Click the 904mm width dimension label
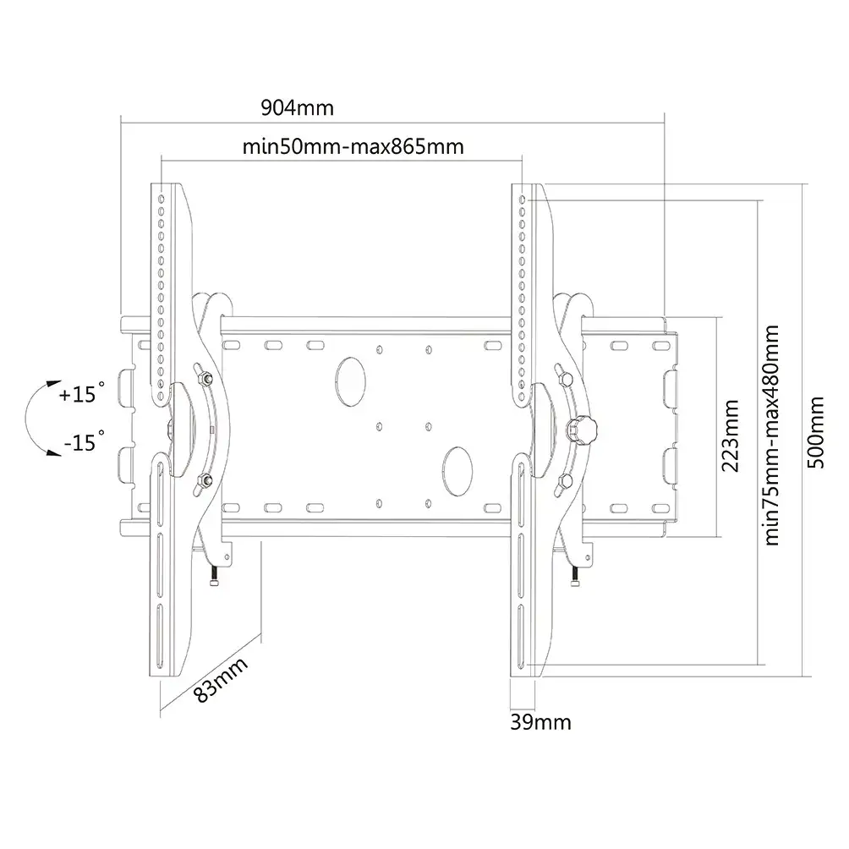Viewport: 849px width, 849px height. point(298,107)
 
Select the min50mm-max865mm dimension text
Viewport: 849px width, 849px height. point(353,147)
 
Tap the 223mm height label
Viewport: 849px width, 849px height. point(731,435)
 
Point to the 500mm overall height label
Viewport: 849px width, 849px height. point(815,432)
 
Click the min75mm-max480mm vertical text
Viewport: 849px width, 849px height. point(771,435)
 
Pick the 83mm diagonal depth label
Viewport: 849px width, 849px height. point(221,680)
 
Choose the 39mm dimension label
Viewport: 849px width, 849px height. point(540,722)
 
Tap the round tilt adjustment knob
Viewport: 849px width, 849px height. point(582,430)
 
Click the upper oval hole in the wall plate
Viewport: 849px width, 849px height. point(350,381)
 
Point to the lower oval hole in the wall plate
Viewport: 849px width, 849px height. point(457,471)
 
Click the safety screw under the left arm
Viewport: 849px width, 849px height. point(214,575)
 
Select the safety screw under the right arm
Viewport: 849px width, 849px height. point(575,575)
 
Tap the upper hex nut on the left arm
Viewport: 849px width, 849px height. point(205,378)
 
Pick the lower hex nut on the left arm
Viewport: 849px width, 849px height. point(205,479)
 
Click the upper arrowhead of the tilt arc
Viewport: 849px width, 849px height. point(53,384)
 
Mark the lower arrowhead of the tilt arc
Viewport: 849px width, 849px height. point(53,452)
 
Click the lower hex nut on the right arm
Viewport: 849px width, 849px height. point(565,481)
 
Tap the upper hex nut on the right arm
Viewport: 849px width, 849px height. point(565,379)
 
